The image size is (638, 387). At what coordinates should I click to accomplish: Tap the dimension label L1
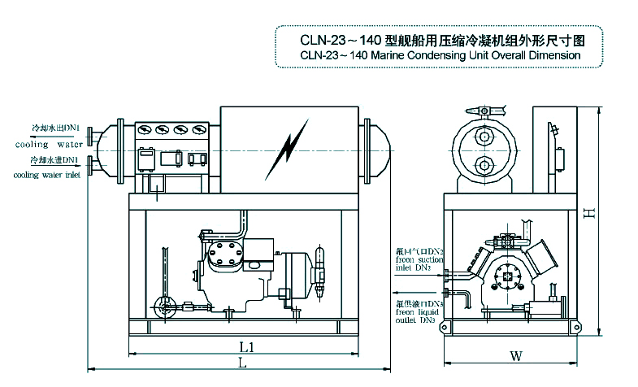pyautogui.click(x=247, y=347)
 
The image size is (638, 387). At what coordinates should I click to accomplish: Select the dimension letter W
pyautogui.click(x=515, y=355)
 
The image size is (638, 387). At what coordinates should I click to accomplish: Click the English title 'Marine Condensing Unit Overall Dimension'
pyautogui.click(x=440, y=55)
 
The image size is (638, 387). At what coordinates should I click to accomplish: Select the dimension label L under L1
pyautogui.click(x=241, y=363)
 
